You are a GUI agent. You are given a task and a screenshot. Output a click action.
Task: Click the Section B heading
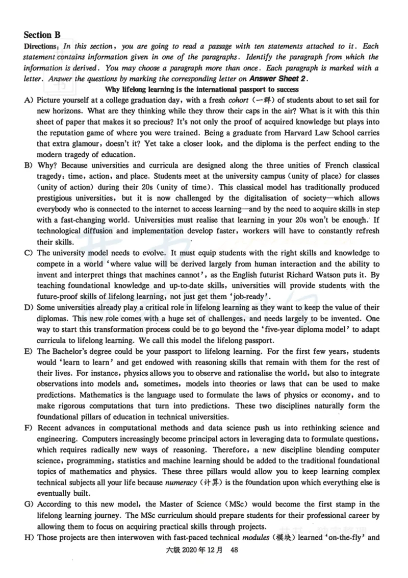coord(42,35)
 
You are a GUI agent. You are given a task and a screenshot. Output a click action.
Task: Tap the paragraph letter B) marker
coord(29,165)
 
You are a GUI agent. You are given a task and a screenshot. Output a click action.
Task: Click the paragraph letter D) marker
coord(29,308)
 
